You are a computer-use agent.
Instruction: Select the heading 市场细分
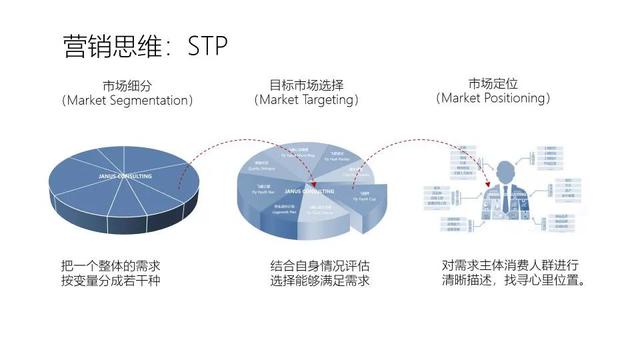pos(128,85)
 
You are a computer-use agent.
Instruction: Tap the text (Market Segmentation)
pos(128,101)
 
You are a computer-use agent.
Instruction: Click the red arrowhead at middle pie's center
pos(313,183)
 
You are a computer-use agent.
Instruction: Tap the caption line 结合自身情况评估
pos(319,267)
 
